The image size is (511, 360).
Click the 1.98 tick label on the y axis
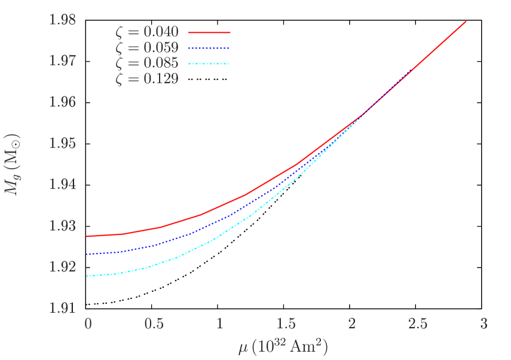63,20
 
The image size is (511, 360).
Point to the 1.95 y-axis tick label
63,144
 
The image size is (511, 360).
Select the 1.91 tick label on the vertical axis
63,309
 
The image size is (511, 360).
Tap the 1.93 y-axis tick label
63,226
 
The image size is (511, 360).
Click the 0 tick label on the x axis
88,324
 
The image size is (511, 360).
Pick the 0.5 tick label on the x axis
154,324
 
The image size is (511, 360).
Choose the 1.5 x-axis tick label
286,324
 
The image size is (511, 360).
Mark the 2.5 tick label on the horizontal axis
418,324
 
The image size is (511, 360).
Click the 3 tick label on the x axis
484,324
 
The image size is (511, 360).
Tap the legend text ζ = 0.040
146,32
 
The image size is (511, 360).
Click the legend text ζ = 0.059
146,48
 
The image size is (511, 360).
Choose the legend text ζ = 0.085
146,63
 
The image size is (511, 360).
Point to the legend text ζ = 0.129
146,79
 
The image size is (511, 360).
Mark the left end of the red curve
88,236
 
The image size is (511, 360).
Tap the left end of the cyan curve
88,276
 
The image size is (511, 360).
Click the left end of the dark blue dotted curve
88,254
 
